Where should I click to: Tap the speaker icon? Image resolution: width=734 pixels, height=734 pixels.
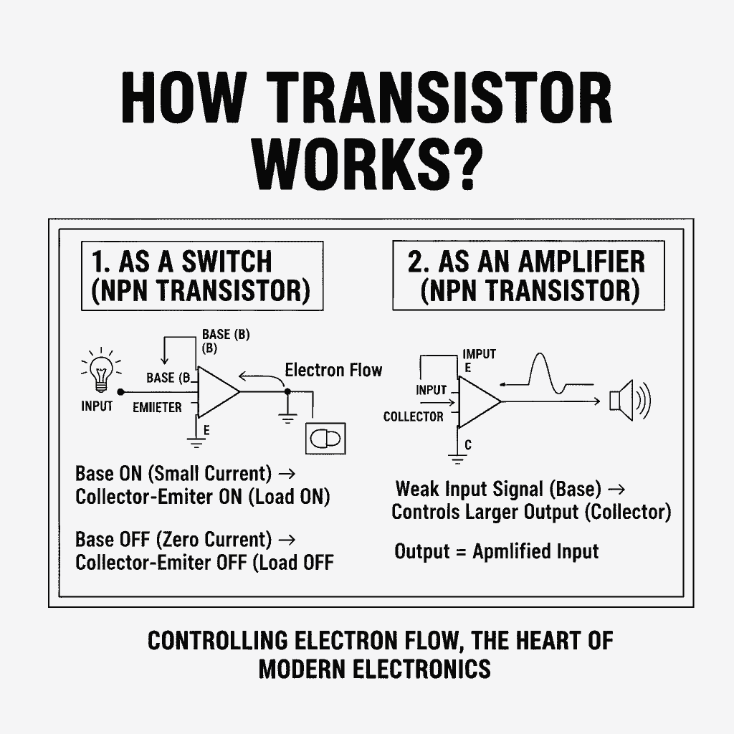[628, 401]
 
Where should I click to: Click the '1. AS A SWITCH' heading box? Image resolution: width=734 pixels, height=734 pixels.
[202, 277]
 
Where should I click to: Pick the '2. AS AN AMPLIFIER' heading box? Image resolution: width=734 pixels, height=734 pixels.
[528, 276]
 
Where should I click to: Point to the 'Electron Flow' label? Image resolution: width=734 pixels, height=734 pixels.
[333, 370]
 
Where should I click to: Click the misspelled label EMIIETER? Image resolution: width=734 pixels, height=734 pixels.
[158, 407]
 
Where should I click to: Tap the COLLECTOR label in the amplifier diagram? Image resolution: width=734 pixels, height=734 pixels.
[414, 416]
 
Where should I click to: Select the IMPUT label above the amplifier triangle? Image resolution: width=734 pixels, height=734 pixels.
[479, 354]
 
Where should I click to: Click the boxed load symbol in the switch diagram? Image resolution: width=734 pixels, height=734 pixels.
[325, 437]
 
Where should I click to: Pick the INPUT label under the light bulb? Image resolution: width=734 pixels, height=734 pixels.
[97, 406]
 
